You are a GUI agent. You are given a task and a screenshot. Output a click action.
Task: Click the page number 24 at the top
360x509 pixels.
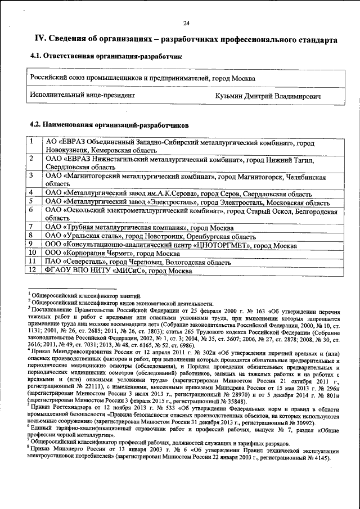click(186, 22)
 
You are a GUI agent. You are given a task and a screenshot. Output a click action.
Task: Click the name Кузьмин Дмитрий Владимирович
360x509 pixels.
click(268, 96)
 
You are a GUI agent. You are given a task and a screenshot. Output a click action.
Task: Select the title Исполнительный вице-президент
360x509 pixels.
click(83, 96)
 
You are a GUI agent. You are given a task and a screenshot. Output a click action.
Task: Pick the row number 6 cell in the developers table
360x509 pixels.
click(33, 209)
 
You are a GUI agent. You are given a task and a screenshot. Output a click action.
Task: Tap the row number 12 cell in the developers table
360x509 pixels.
click(33, 271)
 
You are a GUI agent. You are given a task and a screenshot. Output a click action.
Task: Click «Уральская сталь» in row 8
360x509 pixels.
click(91, 236)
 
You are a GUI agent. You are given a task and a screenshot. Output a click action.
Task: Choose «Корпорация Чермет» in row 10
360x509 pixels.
click(96, 253)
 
